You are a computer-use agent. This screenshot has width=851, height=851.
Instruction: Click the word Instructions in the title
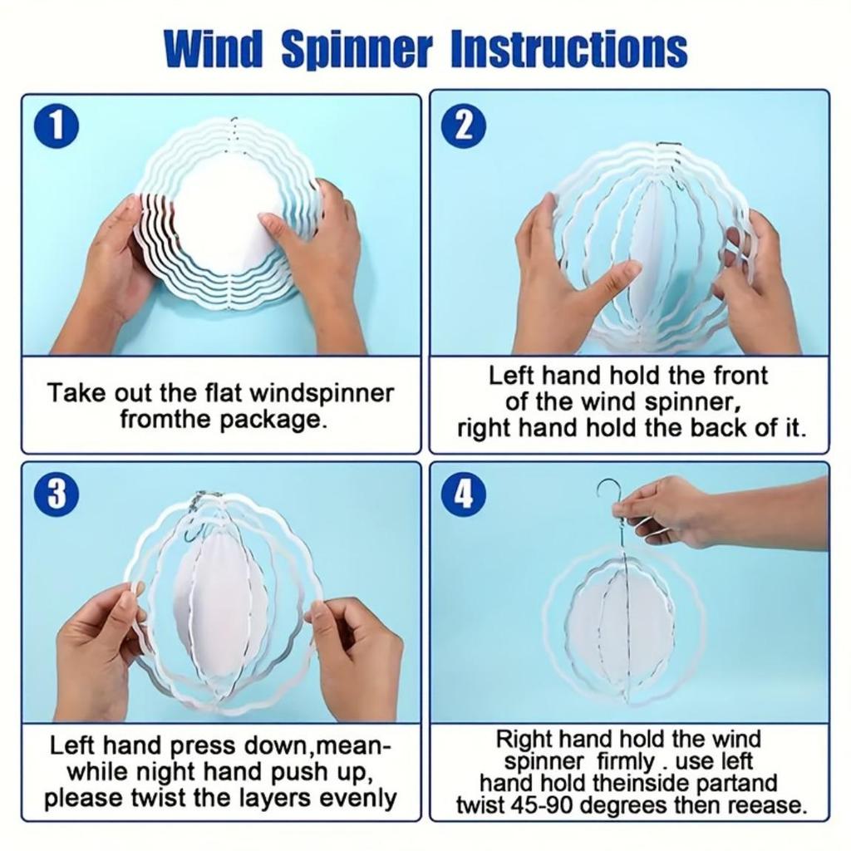tap(568, 50)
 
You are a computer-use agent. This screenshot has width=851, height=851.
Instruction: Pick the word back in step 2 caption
tap(735, 429)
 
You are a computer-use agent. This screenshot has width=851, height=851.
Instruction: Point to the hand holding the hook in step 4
tap(665, 509)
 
